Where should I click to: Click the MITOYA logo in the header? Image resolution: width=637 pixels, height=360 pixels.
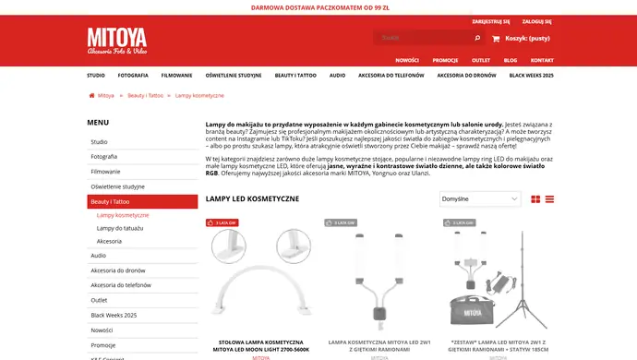[116, 42]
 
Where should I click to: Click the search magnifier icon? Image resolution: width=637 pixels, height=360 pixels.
[477, 39]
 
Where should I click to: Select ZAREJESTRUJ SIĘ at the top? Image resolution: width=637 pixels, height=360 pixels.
[491, 20]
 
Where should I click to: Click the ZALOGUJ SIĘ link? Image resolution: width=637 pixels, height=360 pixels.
[536, 20]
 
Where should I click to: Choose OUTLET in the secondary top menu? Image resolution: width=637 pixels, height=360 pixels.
[481, 60]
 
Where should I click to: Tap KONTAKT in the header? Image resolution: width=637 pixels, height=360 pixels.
[542, 60]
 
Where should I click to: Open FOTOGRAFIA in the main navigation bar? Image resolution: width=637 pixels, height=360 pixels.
[133, 75]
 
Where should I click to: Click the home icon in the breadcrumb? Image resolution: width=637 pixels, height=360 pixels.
[90, 95]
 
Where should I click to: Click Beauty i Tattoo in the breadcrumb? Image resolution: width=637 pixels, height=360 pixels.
[145, 95]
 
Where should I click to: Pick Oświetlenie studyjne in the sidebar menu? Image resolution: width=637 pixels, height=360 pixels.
[117, 186]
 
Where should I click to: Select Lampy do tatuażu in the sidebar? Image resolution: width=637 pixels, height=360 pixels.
[121, 227]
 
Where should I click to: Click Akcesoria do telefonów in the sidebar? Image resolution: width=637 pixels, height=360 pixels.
[121, 285]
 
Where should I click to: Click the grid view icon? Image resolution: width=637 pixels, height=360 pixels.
[535, 199]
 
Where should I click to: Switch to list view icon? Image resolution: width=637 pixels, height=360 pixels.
[549, 199]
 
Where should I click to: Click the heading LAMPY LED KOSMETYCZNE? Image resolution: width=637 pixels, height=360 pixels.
[252, 198]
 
